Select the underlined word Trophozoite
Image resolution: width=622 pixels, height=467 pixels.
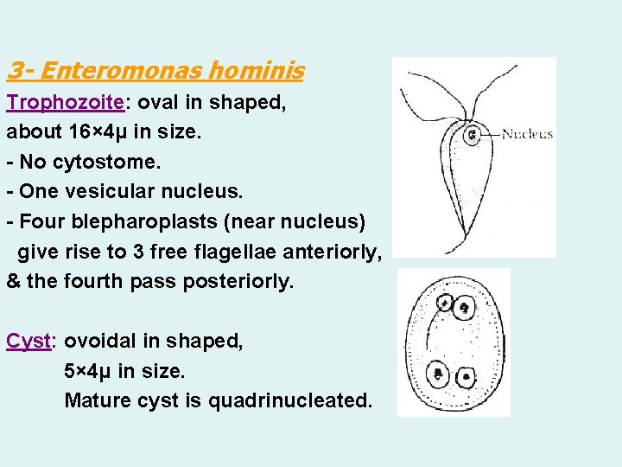tap(66, 103)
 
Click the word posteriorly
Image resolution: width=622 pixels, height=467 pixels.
tap(238, 281)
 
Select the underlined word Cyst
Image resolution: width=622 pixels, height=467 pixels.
tap(29, 342)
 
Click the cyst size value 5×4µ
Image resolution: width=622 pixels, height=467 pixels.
tap(88, 371)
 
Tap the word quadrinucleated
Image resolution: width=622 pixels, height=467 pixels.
tap(298, 400)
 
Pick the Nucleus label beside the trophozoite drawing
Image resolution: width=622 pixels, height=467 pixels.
tap(527, 134)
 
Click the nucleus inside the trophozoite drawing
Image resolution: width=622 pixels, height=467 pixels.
tap(473, 136)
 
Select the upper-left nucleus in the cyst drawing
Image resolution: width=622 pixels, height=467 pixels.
tap(445, 304)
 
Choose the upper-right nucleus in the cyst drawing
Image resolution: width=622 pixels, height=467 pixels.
tap(465, 307)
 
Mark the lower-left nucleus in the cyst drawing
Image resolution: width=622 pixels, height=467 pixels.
tap(439, 374)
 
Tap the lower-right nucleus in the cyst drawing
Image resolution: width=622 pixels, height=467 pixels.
tap(466, 377)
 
